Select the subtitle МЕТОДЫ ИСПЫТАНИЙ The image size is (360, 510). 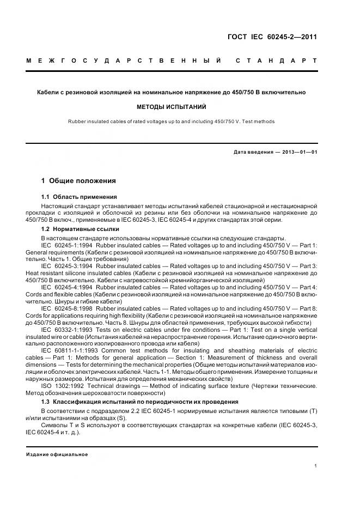click(172, 107)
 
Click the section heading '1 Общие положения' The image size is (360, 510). click(78, 180)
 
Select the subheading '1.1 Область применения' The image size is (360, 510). click(80, 197)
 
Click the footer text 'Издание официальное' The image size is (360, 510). click(57, 454)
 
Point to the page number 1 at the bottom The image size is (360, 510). click(316, 466)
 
